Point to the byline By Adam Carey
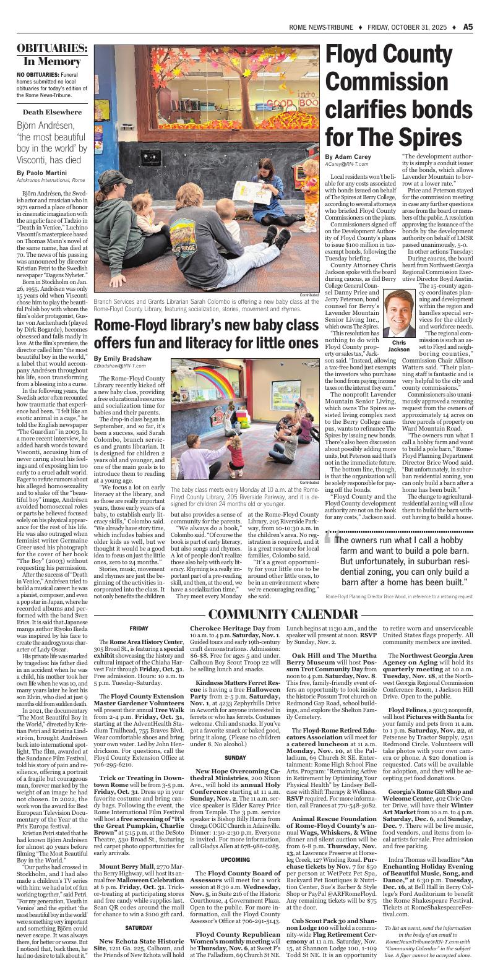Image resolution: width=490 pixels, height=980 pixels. coord(347,157)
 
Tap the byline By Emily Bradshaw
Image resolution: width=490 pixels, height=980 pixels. coord(123,358)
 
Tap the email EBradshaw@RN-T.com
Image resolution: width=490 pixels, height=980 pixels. coord(121,366)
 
